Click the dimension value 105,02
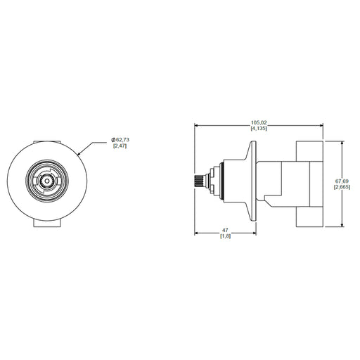pos(259,122)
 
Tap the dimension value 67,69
pos(342,181)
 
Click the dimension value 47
pos(225,231)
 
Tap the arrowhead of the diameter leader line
pos(79,154)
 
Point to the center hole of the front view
pos(47,181)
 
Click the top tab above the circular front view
pos(47,142)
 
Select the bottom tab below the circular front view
pos(47,223)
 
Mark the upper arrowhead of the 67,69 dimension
pos(342,143)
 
